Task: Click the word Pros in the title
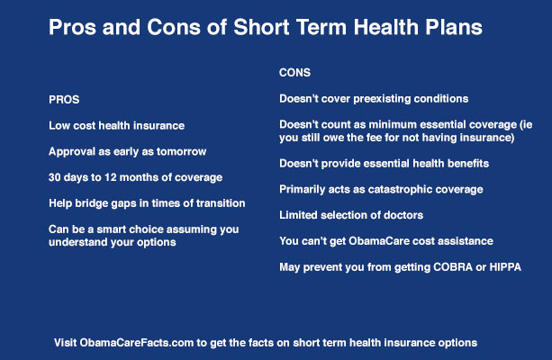[x=73, y=28]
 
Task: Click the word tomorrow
[x=184, y=151]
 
